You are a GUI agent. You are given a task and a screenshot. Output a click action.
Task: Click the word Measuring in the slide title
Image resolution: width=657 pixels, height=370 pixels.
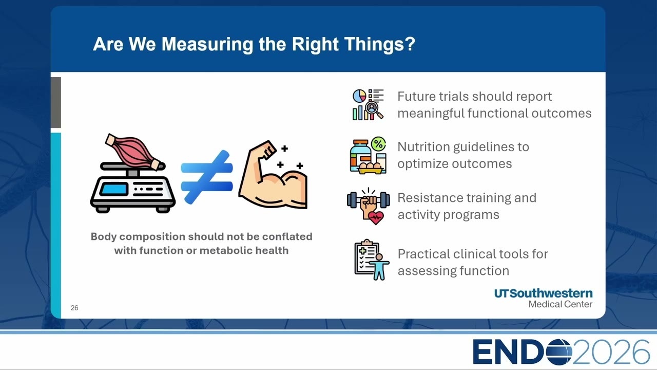tap(207, 45)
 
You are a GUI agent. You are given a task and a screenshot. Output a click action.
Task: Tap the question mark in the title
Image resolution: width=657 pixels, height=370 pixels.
tap(410, 44)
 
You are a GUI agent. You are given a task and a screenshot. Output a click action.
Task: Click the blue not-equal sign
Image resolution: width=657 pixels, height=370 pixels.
tap(207, 177)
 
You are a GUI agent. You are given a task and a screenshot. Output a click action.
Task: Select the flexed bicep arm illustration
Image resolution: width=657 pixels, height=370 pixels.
tap(273, 175)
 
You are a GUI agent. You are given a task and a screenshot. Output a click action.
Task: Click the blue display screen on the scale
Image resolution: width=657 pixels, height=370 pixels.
tap(114, 189)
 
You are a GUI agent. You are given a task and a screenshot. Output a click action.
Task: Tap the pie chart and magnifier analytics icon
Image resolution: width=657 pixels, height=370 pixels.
tap(368, 104)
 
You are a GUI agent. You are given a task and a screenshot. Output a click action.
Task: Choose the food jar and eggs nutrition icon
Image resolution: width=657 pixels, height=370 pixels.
tap(368, 155)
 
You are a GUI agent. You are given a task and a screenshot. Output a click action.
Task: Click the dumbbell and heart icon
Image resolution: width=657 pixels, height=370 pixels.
tap(369, 207)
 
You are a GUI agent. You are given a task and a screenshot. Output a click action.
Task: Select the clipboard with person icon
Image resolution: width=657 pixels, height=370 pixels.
tap(372, 260)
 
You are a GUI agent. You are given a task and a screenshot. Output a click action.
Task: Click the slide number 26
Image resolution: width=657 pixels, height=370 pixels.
tap(74, 308)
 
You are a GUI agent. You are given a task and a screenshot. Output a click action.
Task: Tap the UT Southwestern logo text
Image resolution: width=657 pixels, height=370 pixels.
tap(543, 293)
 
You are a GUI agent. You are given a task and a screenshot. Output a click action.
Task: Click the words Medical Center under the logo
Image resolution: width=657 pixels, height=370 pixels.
tap(560, 304)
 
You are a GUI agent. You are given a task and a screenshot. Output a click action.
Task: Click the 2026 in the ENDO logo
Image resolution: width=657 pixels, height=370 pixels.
tap(611, 352)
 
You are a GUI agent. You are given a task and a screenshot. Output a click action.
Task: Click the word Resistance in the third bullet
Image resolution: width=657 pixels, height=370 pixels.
tap(431, 198)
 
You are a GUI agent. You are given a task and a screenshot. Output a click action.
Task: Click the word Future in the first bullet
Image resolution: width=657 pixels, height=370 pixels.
tap(416, 96)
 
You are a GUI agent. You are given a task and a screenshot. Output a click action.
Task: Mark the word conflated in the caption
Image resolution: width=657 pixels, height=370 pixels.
tap(287, 236)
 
